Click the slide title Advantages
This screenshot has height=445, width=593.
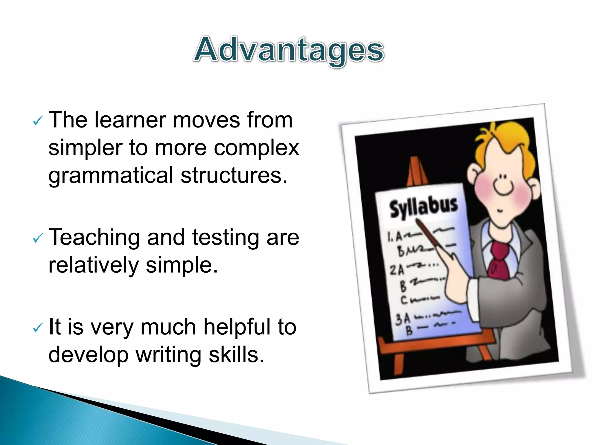pyautogui.click(x=289, y=50)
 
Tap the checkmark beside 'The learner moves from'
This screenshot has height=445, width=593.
pyautogui.click(x=38, y=121)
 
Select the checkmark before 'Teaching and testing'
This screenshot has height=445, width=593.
pyautogui.click(x=38, y=238)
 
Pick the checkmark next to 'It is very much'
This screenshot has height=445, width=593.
pyautogui.click(x=38, y=328)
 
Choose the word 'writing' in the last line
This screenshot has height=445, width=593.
pyautogui.click(x=169, y=355)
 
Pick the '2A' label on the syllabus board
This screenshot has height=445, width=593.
pyautogui.click(x=397, y=270)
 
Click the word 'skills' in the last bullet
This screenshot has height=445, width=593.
pyautogui.click(x=236, y=355)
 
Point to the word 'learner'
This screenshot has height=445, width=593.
pyautogui.click(x=130, y=120)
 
